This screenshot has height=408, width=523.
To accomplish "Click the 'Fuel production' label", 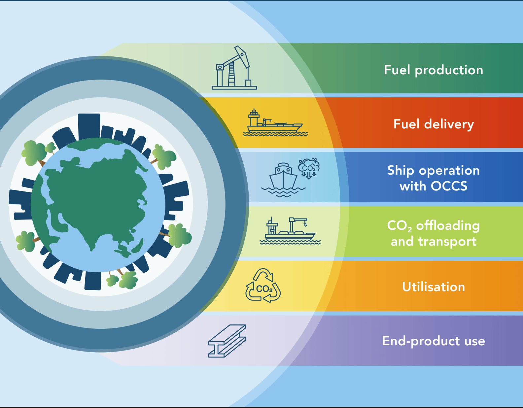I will [434, 70].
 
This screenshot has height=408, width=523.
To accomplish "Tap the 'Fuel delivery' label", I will [434, 124].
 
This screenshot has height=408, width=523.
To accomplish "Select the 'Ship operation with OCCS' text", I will [434, 178].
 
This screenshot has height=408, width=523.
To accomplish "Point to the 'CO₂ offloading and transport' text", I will [434, 233].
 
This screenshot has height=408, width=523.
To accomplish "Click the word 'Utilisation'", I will [434, 287].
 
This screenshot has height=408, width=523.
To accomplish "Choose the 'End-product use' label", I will [434, 341].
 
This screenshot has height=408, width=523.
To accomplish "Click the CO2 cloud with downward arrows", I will [309, 168].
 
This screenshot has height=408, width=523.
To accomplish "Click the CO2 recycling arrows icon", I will [263, 286].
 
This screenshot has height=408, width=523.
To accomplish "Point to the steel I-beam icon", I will [227, 341].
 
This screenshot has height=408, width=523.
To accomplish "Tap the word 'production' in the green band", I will [449, 70].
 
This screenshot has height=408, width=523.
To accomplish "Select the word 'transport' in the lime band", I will [447, 242].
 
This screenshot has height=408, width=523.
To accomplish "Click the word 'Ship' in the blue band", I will [401, 171].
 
